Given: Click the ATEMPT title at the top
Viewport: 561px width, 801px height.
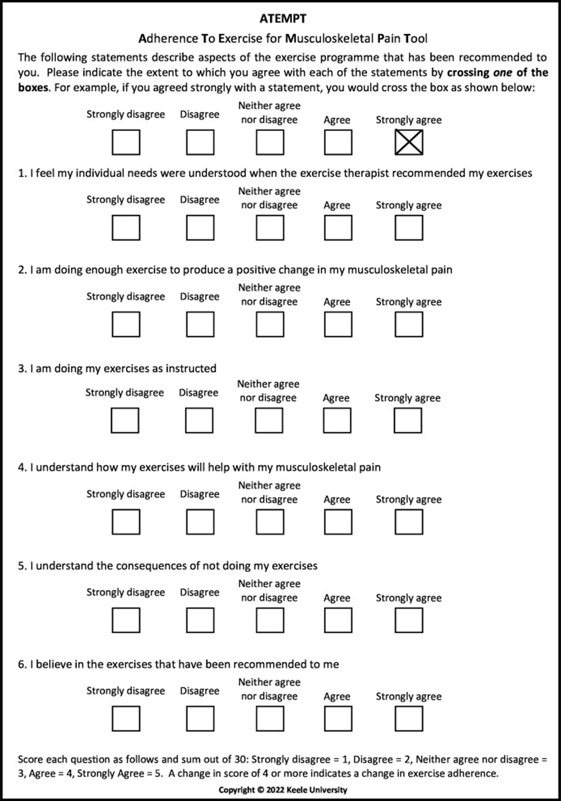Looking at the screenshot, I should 283,19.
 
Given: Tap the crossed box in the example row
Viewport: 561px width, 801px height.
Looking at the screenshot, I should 409,142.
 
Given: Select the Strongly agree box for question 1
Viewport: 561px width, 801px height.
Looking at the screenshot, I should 409,228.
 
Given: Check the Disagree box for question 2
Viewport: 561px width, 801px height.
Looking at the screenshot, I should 200,325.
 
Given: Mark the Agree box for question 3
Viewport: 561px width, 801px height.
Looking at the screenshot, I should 337,420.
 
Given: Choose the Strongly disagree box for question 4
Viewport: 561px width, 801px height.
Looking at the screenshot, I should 126,522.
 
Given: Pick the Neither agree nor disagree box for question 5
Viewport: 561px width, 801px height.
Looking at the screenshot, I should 270,620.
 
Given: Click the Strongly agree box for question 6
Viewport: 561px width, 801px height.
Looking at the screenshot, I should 409,719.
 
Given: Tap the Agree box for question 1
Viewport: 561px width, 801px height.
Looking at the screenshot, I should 338,228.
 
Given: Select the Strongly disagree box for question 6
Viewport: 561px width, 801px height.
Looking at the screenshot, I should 126,719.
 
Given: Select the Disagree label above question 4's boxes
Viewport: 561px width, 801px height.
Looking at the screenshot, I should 200,494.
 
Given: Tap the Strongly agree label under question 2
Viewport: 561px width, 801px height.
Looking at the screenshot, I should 408,302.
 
